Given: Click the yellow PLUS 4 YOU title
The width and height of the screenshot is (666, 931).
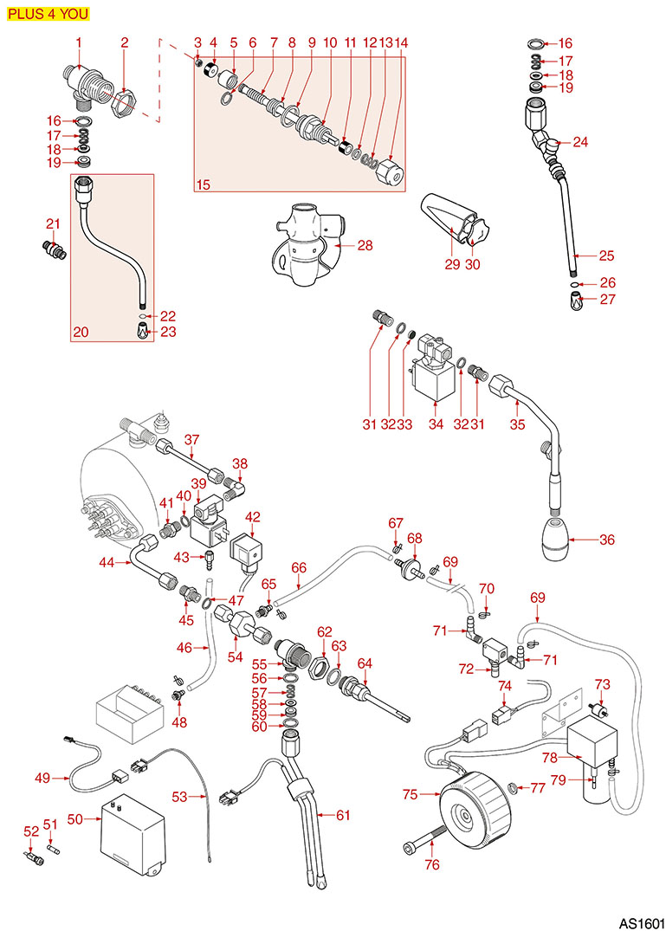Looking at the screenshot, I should point(46,14).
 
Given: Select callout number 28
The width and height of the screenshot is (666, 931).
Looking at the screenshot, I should point(365,246).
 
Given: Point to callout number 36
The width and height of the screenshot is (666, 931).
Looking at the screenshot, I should point(605,540).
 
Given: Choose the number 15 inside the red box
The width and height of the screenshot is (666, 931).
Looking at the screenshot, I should point(204,184).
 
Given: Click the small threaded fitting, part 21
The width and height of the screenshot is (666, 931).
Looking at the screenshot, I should point(55,249).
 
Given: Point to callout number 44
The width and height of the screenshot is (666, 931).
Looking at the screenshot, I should point(107,562).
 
